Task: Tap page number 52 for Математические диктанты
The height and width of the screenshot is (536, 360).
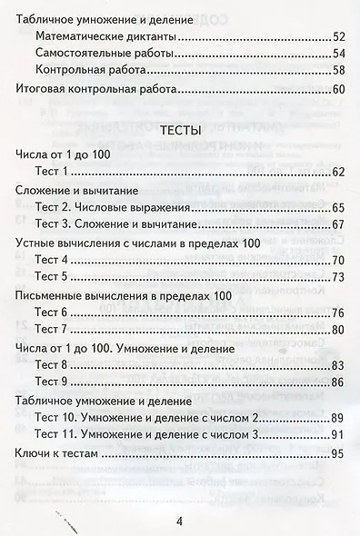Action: tap(338, 38)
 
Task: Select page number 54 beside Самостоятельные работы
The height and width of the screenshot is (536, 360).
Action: tap(338, 55)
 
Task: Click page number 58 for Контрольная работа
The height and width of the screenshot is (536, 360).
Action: tap(338, 71)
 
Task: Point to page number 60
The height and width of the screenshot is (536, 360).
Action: tap(338, 90)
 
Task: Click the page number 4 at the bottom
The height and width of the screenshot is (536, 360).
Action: tap(180, 521)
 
